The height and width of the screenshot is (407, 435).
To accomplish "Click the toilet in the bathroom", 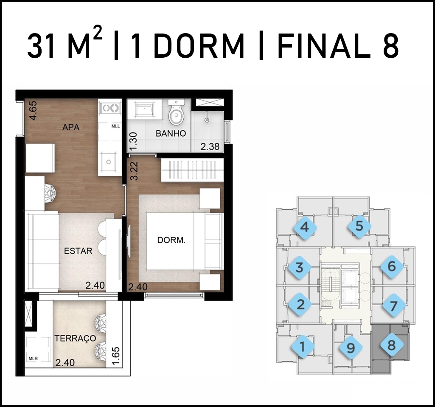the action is point(176,113).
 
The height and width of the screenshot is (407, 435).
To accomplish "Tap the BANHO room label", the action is point(171,133).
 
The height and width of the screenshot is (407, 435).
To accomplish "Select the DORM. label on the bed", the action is point(171,240).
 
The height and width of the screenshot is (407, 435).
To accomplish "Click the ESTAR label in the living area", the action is point(78,251).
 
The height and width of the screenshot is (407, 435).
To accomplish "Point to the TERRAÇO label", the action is point(75,339).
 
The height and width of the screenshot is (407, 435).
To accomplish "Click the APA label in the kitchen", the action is point(71,127).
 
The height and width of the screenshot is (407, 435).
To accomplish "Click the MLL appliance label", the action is point(115,126).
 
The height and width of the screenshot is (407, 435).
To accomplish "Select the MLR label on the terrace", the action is point(33,359).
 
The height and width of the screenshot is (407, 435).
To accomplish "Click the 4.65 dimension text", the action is point(33,111).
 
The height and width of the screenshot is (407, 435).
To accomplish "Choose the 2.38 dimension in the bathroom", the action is point(210,146).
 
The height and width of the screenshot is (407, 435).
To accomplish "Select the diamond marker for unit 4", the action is point(305,227).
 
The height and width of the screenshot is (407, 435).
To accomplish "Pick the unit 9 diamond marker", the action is point(351,348).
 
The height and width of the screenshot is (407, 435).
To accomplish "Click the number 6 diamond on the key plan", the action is point(391,267).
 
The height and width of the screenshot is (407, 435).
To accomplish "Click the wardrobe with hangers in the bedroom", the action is point(192,170).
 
